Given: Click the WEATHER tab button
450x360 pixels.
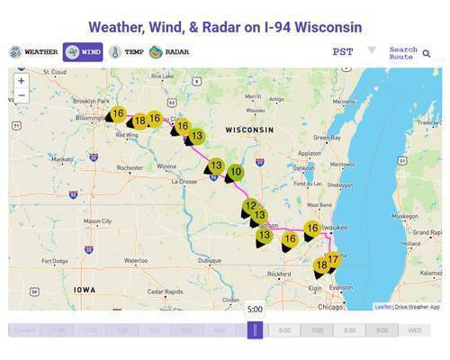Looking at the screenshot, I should (x=34, y=52).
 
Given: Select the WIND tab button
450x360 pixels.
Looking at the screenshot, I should (x=83, y=52).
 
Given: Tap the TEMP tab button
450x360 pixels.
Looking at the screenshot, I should (x=126, y=52).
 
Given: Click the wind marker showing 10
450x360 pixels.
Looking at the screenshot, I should (x=235, y=172).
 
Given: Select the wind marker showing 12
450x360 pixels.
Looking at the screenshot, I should (x=250, y=206).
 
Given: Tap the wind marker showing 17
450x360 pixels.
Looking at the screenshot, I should (x=333, y=260).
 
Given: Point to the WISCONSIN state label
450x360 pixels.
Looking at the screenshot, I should (x=249, y=130).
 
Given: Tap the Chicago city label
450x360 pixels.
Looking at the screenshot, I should (x=330, y=307).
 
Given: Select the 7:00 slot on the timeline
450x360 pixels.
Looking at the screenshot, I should (x=317, y=330).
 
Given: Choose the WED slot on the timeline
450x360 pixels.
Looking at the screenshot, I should (x=414, y=330).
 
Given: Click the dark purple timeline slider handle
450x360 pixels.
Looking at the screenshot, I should (x=255, y=329).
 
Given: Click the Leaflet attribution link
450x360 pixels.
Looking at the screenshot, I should (x=382, y=307).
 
